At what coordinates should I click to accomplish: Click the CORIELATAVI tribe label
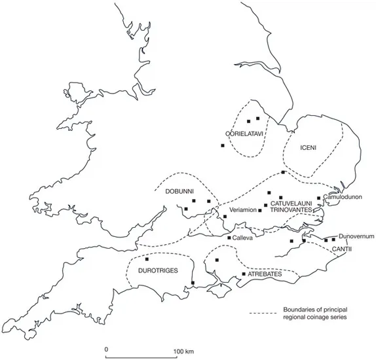[x=244, y=134]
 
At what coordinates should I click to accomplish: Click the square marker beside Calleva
[x=228, y=238]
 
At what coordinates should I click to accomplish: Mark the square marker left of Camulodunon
[x=318, y=198]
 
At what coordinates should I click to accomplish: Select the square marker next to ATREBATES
[x=244, y=274]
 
